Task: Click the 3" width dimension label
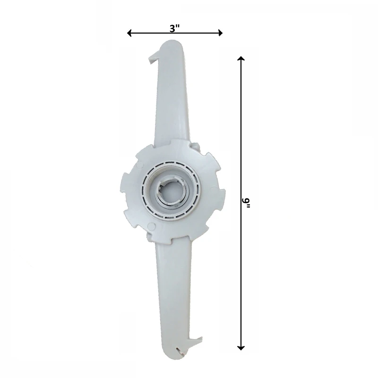175,29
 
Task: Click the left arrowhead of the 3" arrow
129,33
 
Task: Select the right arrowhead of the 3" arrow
220,33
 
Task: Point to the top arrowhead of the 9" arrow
241,58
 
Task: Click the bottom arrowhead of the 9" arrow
241,348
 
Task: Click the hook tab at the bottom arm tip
197,341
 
